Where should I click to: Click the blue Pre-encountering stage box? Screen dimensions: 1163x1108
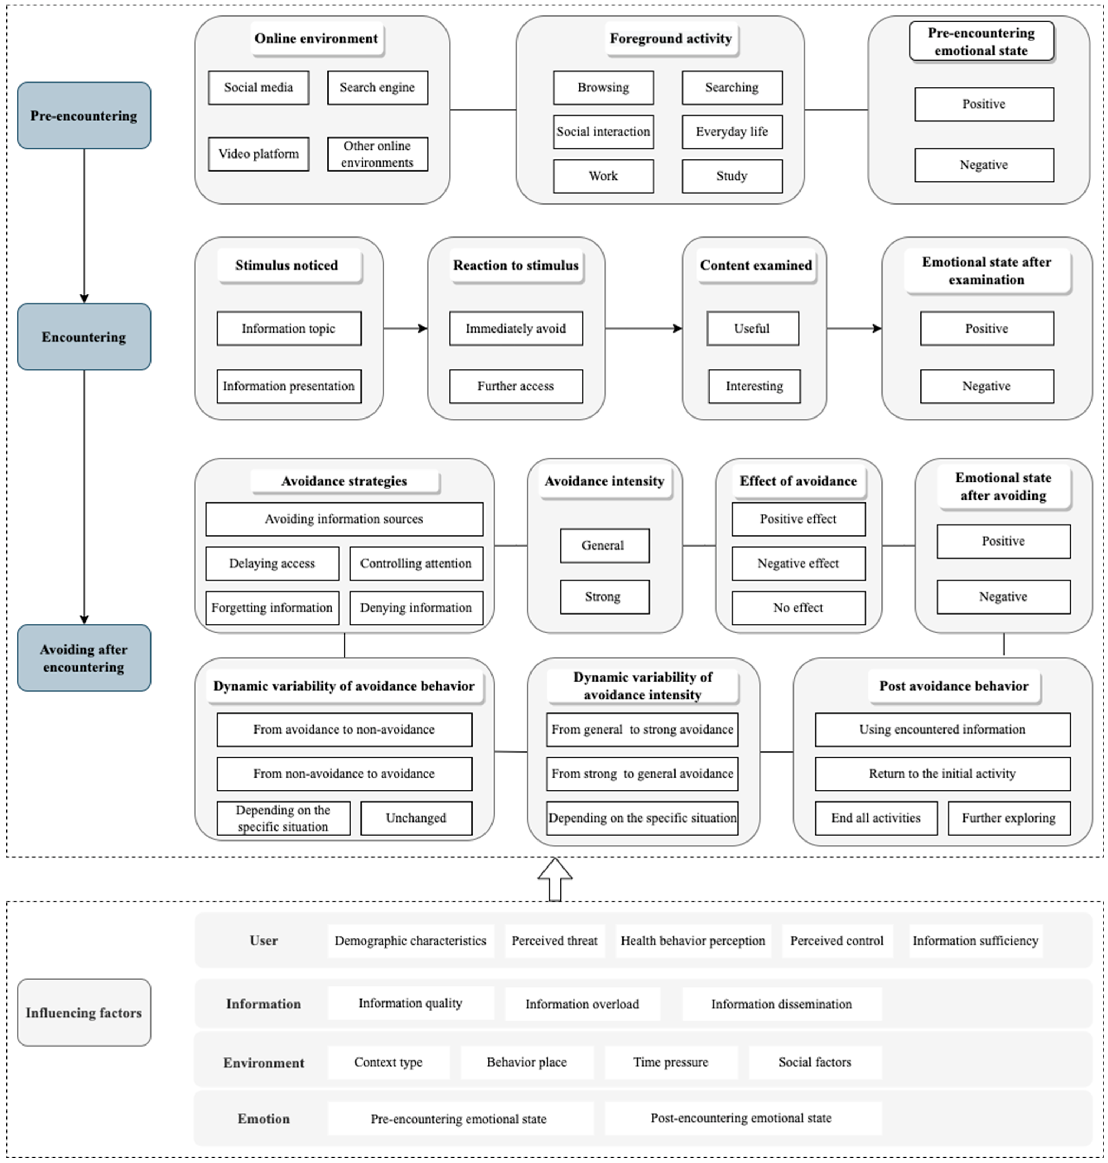pos(84,116)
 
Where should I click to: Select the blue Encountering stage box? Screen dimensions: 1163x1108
pos(84,337)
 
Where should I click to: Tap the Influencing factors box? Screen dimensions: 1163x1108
pos(84,1013)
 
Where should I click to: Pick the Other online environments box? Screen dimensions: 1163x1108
pos(377,154)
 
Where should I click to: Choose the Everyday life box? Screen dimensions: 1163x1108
pos(732,132)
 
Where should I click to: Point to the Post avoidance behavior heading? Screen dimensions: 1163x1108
pos(954,686)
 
